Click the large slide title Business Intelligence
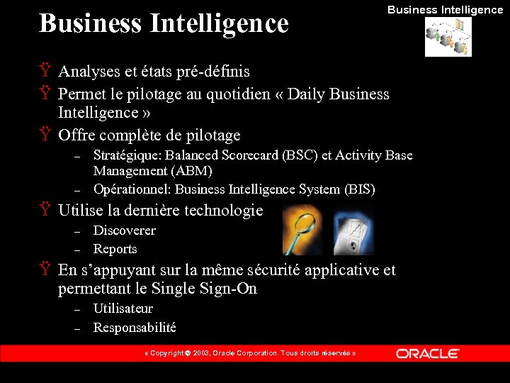164,23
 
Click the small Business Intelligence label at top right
445,10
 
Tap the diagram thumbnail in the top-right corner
448,37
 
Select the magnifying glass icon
302,231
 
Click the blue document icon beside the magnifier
353,231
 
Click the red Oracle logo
428,353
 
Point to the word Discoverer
124,231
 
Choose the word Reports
115,249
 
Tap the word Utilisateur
123,309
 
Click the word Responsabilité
135,328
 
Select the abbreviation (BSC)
300,155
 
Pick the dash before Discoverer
79,231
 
